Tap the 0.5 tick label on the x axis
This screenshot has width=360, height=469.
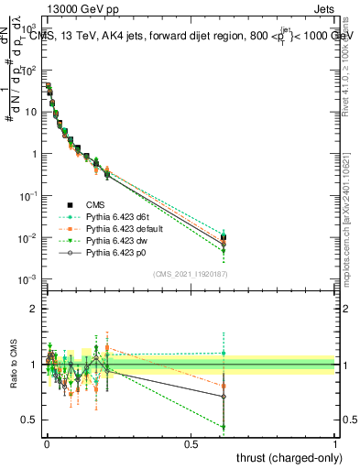[x=191, y=444]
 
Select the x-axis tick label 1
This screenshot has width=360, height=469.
[x=334, y=444]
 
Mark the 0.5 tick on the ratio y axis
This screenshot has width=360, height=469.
[x=29, y=420]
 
